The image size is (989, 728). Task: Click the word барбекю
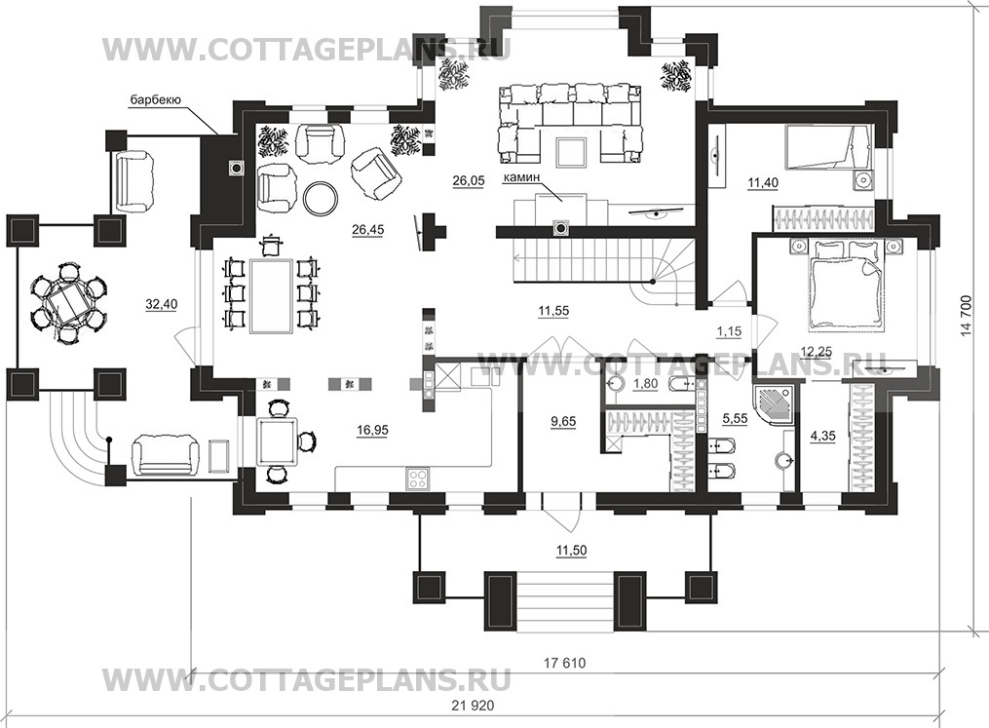[156, 99]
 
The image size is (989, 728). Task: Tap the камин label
[521, 178]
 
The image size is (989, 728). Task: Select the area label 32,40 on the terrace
[162, 304]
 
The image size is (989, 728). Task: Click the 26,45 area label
[367, 230]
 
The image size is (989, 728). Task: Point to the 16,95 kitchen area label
[372, 430]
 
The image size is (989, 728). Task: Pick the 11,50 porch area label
[571, 550]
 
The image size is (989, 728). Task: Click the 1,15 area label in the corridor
[729, 330]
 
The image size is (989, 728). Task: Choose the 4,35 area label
[822, 436]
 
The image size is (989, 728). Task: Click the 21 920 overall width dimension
[473, 706]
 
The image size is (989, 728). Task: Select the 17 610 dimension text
[564, 663]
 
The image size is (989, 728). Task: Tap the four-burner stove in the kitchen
[418, 477]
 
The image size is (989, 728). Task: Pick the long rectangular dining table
[271, 295]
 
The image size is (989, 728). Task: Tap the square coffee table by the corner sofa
[571, 152]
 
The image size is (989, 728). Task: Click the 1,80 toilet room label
[645, 384]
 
